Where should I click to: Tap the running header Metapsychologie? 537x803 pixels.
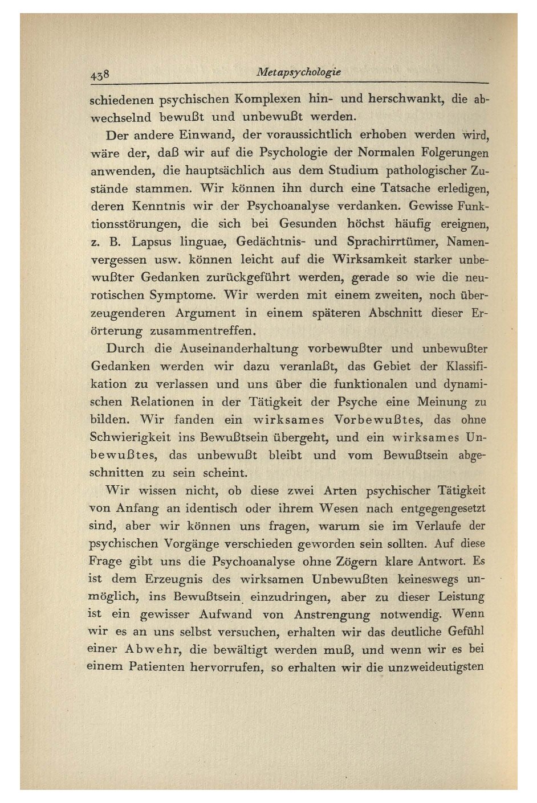(x=299, y=72)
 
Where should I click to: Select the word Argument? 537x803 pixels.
(x=205, y=313)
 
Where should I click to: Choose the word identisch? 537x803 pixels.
(x=219, y=508)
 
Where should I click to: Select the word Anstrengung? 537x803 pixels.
(x=332, y=614)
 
